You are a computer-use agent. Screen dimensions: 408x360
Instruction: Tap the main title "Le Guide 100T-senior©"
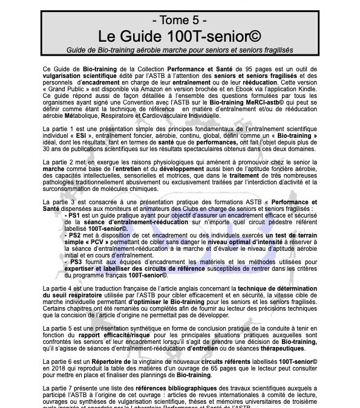coord(180,34)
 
